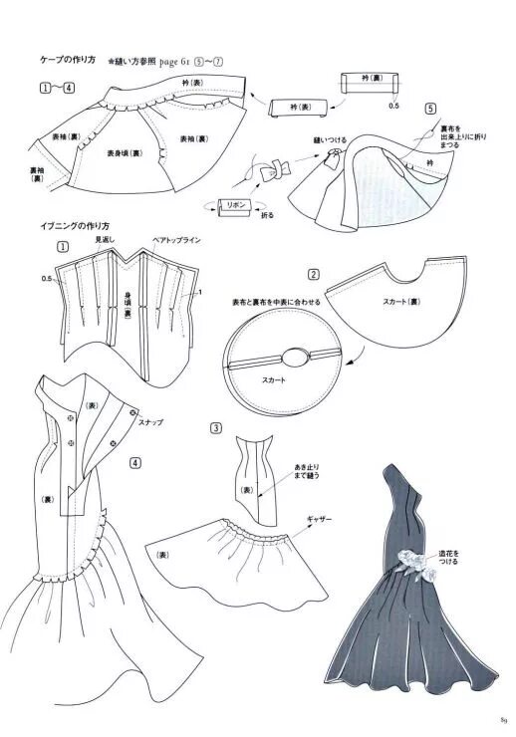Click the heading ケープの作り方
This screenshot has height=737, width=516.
68,61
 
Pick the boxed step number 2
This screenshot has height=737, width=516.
313,275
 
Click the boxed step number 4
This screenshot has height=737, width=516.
135,461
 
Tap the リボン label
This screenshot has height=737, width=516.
237,203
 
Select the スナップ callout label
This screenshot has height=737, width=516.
151,422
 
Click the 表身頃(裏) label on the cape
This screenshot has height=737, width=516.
124,153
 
